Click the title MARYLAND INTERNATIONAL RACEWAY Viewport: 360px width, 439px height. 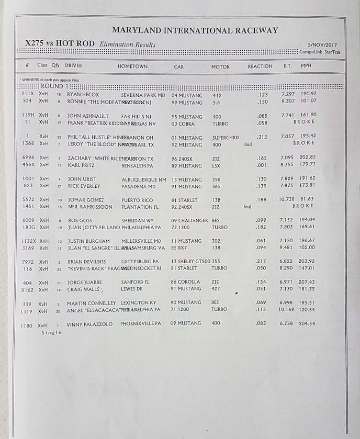pos(195,30)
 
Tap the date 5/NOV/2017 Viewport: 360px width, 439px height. pos(324,45)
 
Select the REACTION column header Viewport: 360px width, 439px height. pos(260,66)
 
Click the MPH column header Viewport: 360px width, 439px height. pos(306,66)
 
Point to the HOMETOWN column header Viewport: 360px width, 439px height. pos(132,66)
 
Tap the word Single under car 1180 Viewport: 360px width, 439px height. pos(51,332)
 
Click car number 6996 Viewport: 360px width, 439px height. pos(29,157)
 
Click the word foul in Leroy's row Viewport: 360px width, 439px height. pos(248,144)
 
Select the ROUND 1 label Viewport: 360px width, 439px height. pos(52,86)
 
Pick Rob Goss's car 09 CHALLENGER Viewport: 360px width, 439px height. pos(189,220)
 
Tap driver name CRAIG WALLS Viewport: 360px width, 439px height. pos(83,289)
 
